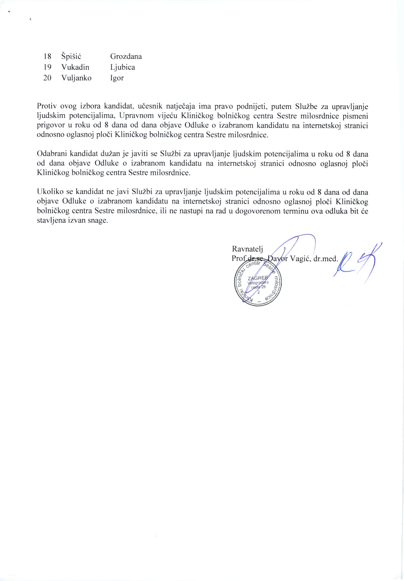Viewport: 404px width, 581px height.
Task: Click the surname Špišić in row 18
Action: click(71, 56)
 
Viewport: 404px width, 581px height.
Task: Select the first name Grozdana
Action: click(126, 56)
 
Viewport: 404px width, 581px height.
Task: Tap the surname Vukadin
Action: click(75, 67)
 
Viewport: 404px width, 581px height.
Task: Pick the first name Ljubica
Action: click(122, 67)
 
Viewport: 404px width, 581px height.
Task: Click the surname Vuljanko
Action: click(76, 78)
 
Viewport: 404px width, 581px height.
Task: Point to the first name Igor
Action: click(117, 78)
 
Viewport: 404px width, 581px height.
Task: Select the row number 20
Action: click(47, 78)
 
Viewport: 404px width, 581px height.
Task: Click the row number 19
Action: click(47, 67)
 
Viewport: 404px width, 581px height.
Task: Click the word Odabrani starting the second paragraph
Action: click(52, 154)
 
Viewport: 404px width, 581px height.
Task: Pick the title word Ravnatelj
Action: click(247, 249)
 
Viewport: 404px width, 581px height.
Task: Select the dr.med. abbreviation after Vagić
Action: click(325, 259)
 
